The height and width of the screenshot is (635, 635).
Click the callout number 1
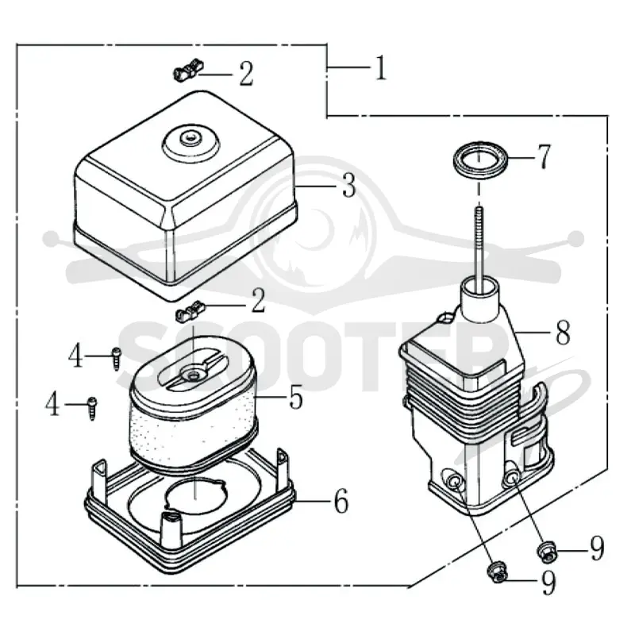tap(381, 68)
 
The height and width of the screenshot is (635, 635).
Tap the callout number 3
tap(348, 186)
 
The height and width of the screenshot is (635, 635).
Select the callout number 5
tap(296, 397)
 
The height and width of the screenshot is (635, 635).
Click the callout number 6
tap(341, 502)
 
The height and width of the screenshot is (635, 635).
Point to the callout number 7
tap(544, 156)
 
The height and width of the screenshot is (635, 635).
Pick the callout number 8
tap(563, 332)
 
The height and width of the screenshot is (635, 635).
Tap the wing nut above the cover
tap(188, 70)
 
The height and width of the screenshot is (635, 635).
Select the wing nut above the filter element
tap(190, 311)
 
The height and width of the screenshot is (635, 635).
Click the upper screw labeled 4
tap(116, 359)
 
